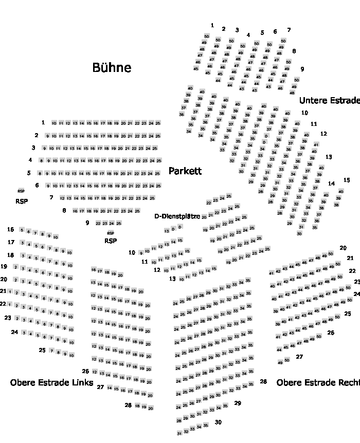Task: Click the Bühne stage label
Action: tap(112, 68)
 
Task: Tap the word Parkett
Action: tap(185, 171)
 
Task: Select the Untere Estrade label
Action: tap(329, 101)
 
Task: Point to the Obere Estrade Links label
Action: tap(51, 383)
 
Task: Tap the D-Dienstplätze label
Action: tap(177, 216)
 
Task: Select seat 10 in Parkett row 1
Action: tap(54, 123)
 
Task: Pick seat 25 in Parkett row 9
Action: tap(119, 224)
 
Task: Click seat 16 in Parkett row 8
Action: tap(75, 211)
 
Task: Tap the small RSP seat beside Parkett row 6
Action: tap(21, 191)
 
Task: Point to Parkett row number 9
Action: tap(87, 223)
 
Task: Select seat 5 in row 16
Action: tap(22, 230)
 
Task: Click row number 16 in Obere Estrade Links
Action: tap(11, 229)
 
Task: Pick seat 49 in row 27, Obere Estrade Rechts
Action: tap(280, 362)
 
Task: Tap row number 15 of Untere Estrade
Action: tap(347, 180)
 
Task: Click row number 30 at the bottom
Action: tap(218, 422)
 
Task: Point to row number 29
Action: tap(238, 403)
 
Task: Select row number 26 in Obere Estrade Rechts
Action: tap(331, 333)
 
